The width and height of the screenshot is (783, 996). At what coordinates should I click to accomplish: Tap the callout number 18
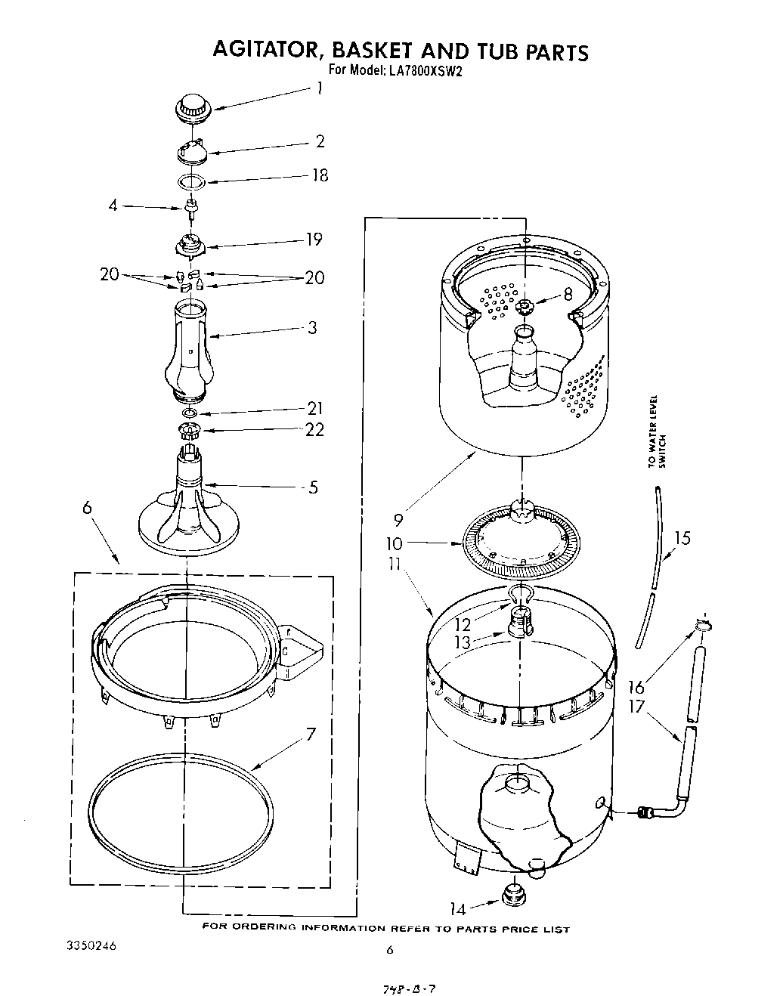(x=320, y=175)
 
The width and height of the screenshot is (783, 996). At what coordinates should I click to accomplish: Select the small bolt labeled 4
(x=190, y=207)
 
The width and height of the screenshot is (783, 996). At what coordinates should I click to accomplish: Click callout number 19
(x=314, y=240)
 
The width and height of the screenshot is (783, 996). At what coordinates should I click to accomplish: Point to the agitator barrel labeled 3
(x=189, y=348)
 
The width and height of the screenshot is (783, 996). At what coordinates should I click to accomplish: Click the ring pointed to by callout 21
(x=190, y=414)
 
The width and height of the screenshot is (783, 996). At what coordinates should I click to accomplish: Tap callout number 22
(x=314, y=429)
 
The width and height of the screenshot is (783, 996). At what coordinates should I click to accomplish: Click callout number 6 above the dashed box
(x=88, y=509)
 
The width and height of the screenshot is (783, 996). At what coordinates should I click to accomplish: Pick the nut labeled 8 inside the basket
(x=525, y=305)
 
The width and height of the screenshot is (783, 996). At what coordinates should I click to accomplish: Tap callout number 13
(x=461, y=642)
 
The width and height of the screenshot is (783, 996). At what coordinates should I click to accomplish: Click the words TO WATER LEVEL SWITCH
(x=658, y=432)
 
